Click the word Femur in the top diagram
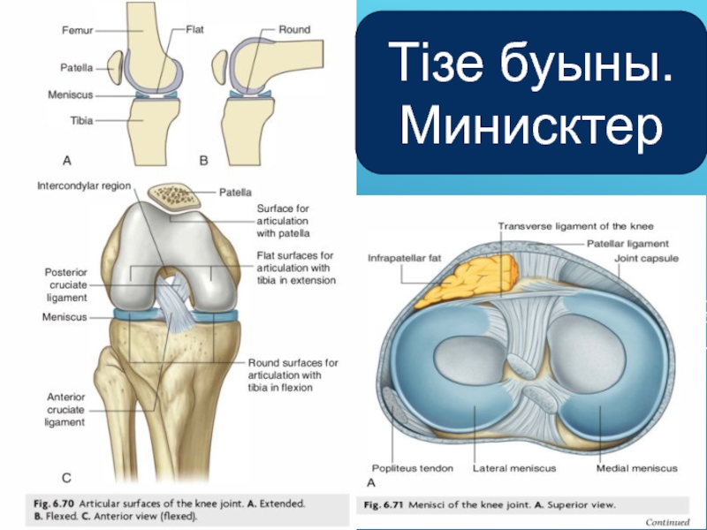(78, 29)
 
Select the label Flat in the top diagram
(194, 29)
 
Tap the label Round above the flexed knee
(294, 29)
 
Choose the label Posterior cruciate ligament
(66, 284)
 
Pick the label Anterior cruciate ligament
(65, 409)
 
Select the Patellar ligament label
(628, 243)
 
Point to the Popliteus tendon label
(412, 468)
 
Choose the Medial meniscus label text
(637, 468)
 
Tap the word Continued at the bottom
(667, 522)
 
